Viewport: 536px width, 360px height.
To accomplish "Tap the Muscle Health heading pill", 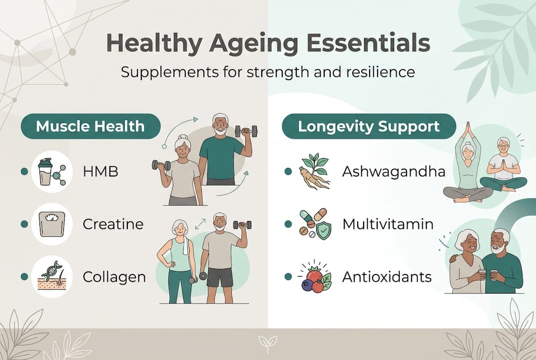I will point(90,126).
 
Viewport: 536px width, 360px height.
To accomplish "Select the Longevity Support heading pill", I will point(369,126).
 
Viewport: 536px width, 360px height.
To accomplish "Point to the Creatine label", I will point(113,224).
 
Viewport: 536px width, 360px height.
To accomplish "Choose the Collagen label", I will point(114,276).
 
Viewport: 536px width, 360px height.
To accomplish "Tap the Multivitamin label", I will point(388,224).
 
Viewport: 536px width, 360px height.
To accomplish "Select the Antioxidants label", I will point(387,276).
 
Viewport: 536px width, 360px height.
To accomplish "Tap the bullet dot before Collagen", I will point(23,276).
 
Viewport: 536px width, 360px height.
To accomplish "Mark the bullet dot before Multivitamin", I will point(288,224).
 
